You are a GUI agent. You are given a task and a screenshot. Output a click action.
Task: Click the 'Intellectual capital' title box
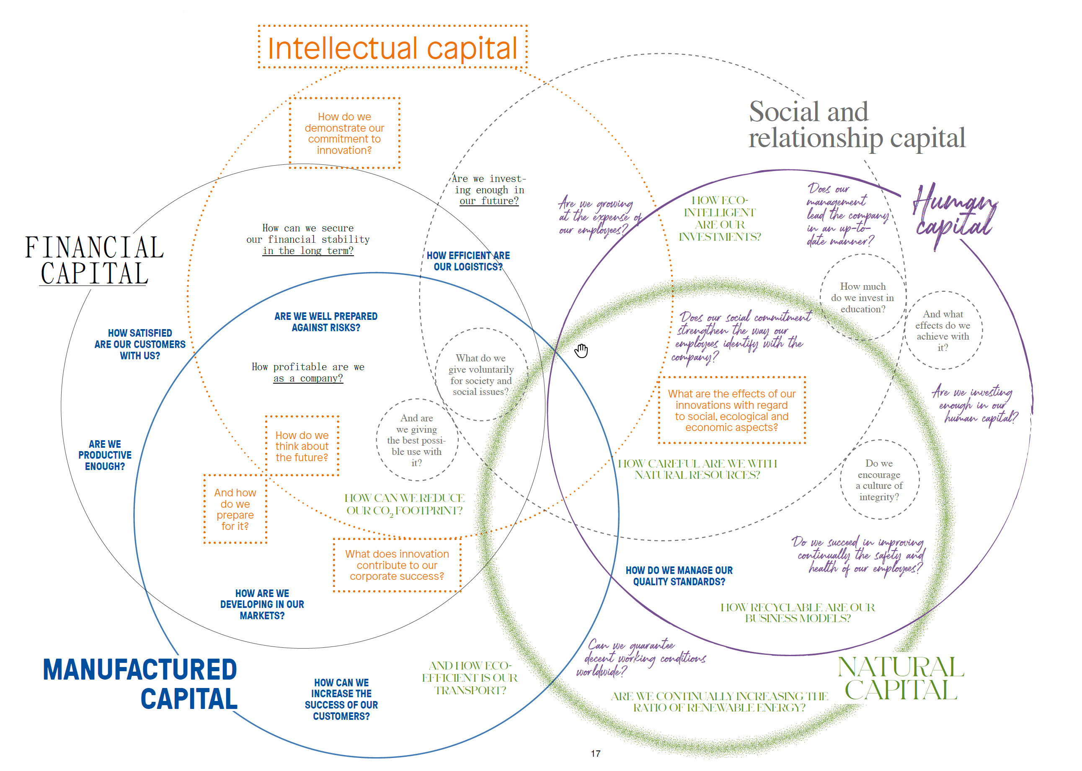[392, 47]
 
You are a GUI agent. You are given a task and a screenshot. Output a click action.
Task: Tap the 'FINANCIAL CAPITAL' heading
[94, 261]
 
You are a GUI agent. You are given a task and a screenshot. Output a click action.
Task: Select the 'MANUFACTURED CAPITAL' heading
[140, 684]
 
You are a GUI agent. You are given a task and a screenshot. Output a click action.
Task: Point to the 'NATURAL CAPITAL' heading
[900, 678]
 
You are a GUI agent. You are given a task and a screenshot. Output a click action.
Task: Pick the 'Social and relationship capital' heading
[856, 125]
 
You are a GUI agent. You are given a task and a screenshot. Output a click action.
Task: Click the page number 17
[595, 753]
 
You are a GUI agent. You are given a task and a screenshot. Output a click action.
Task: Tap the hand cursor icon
[581, 350]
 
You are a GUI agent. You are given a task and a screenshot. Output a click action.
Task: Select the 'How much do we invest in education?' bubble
[863, 298]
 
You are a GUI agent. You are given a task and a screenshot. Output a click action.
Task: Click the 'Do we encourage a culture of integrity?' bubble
[879, 480]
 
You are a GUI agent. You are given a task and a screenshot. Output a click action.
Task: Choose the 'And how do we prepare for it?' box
[235, 509]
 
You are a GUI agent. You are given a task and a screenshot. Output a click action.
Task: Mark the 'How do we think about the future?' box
[302, 446]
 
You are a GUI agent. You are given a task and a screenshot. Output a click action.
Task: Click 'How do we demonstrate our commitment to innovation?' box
[344, 133]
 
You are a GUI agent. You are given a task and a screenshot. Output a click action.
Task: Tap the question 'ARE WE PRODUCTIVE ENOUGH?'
[105, 455]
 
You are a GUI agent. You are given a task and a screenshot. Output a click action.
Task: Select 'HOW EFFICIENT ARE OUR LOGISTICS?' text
[468, 261]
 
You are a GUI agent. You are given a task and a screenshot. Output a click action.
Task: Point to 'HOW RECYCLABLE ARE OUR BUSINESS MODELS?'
[798, 613]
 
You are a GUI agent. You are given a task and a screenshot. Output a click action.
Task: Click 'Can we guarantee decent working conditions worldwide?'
[640, 658]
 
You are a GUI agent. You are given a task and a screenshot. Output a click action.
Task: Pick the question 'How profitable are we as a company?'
[308, 373]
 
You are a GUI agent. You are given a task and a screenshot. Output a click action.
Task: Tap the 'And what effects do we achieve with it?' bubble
[943, 330]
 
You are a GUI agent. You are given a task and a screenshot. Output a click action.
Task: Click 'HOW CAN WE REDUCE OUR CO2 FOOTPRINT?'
[404, 504]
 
